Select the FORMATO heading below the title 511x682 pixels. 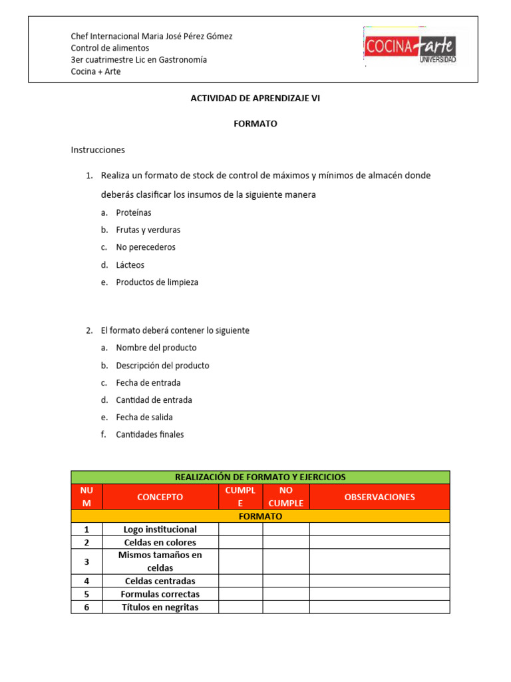click(x=255, y=124)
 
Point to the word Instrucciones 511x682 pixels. click(x=98, y=150)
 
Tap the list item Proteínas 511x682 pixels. click(x=134, y=212)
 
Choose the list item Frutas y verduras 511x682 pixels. click(x=148, y=230)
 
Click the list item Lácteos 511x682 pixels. click(x=130, y=265)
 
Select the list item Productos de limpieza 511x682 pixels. click(x=157, y=282)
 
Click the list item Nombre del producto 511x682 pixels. click(x=156, y=348)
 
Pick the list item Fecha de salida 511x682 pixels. click(x=144, y=418)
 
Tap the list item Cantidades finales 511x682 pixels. click(x=150, y=435)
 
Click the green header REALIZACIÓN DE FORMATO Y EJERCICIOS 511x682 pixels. click(x=260, y=477)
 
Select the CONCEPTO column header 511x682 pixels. click(x=160, y=497)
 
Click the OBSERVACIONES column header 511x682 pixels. click(x=379, y=497)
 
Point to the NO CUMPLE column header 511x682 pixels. click(x=286, y=497)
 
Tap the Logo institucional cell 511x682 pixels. click(x=160, y=529)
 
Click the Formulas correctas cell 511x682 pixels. click(x=160, y=594)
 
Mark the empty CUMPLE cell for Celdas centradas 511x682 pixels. click(x=240, y=581)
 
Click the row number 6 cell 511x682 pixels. click(x=86, y=607)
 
